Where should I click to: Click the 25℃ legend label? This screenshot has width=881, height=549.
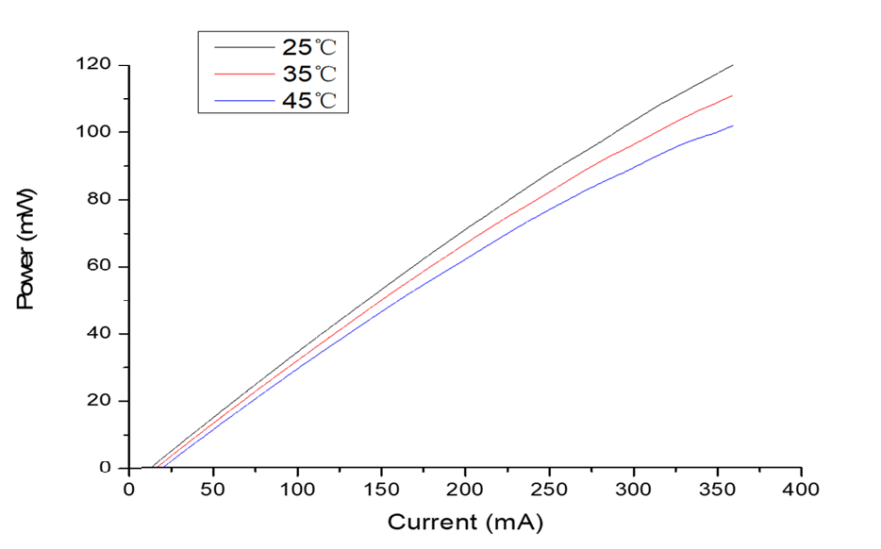click(x=308, y=46)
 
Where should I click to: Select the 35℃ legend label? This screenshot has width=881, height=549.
click(x=308, y=74)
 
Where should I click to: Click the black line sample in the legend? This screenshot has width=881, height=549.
click(x=241, y=45)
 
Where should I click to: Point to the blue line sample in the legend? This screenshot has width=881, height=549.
click(x=241, y=99)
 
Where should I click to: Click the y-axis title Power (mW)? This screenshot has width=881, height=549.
click(x=27, y=266)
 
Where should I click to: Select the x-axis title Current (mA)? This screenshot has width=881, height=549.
click(x=465, y=521)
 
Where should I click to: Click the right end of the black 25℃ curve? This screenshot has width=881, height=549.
click(x=733, y=65)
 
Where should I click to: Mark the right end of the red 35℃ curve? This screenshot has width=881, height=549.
click(x=733, y=95)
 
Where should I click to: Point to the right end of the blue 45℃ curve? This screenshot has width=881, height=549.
click(x=733, y=125)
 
